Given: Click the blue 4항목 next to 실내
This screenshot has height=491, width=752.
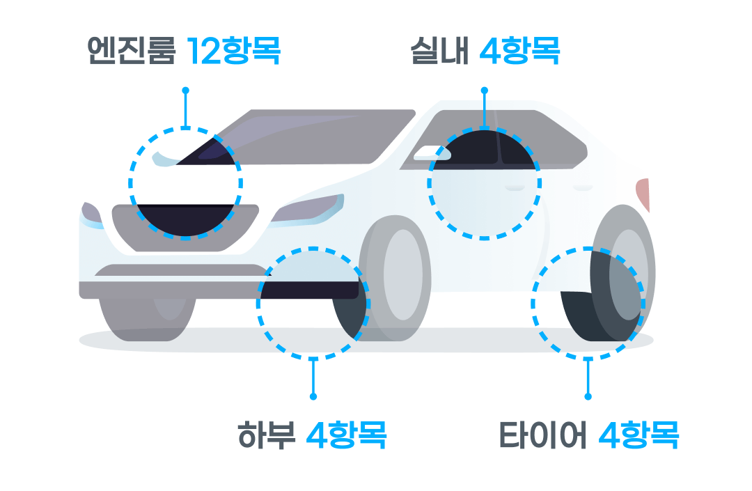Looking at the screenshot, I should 519,52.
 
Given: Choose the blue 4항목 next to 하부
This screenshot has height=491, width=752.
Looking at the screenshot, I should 346,435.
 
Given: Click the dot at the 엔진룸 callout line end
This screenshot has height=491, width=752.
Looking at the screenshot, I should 185,91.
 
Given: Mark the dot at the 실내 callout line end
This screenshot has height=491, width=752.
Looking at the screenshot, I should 485,91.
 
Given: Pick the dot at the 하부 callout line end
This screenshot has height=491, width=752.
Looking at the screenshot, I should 313,396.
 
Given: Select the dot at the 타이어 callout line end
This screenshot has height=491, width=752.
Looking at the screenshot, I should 588,396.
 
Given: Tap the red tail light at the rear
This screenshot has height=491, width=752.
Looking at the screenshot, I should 644,194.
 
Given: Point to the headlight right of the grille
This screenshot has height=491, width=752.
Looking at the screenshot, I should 306,208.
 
